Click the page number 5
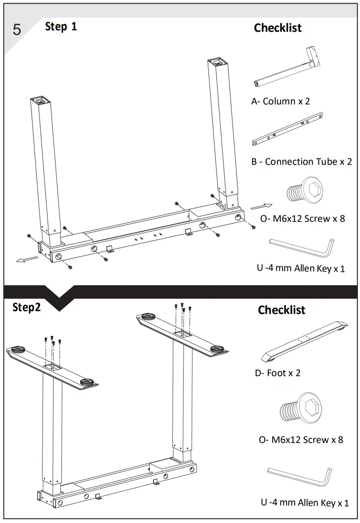point(17,30)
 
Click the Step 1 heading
point(61,26)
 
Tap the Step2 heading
point(26,307)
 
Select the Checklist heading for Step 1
point(278,28)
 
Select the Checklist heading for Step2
point(281,310)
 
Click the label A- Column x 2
point(280,101)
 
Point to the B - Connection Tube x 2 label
point(301,162)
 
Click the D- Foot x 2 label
point(278,373)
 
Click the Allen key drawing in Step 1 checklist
point(302,249)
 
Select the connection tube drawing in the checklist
point(287,130)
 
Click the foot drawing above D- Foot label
point(304,340)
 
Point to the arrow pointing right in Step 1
point(261,206)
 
